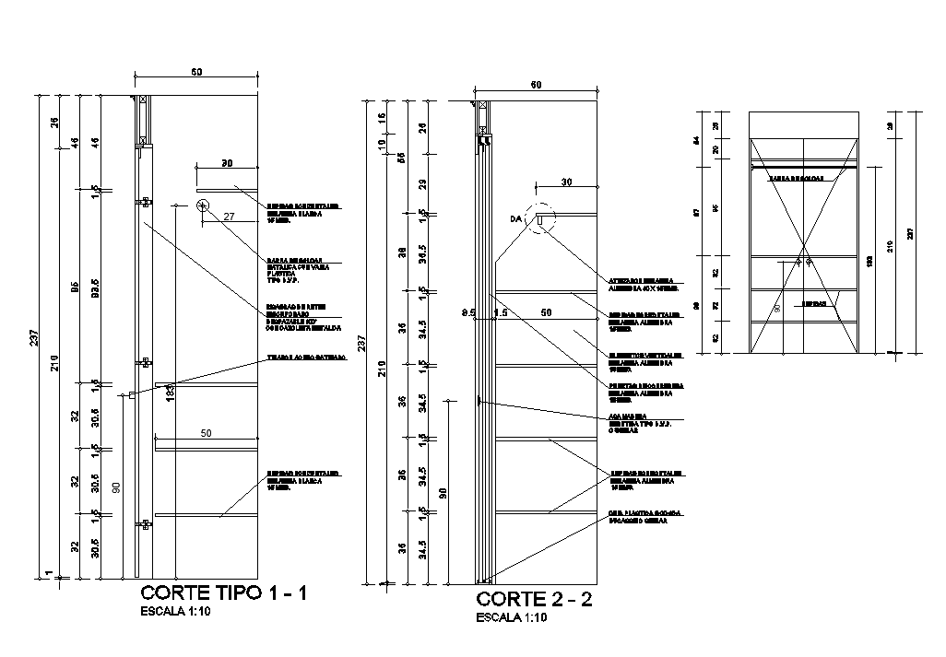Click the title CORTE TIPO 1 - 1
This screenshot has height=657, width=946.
point(223,592)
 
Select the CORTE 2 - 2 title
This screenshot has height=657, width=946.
point(534,600)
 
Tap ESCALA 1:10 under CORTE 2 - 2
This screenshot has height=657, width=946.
point(511,618)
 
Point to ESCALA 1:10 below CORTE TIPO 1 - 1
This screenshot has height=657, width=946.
point(175,610)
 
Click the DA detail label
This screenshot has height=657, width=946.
point(515,219)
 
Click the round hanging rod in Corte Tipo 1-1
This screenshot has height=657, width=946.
point(203,207)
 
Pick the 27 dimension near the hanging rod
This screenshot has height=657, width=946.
point(231,216)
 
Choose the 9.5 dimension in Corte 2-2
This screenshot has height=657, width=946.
point(468,313)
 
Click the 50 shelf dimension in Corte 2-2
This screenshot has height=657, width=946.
point(546,313)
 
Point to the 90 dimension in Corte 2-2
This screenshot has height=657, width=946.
point(443,492)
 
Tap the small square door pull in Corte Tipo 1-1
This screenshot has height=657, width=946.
point(134,394)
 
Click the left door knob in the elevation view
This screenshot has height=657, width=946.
point(798,263)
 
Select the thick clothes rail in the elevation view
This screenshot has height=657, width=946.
point(802,167)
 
